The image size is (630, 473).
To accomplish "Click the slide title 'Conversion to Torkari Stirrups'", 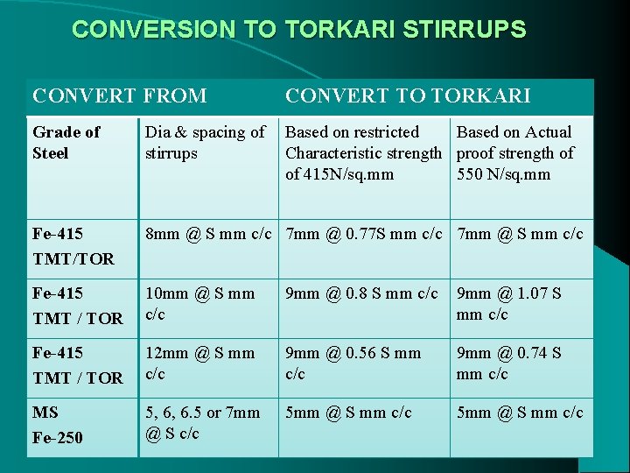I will tap(299, 30).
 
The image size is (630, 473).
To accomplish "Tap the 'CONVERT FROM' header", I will tap(119, 95).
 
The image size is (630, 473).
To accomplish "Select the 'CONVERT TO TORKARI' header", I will tap(408, 95).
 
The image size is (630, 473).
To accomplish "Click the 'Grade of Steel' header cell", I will tap(66, 143).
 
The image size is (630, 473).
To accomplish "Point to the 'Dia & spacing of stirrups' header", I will tap(205, 143).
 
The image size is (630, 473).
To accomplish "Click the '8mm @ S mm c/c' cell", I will tap(209, 234).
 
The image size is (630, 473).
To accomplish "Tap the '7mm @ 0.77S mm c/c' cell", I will tap(364, 234).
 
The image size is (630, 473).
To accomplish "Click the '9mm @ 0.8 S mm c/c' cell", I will tap(361, 293).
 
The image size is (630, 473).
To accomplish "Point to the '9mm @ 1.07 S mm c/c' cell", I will tap(508, 304).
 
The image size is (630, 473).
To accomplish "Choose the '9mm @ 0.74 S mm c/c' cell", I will tap(508, 364).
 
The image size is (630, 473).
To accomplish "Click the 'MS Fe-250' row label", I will tap(58, 424).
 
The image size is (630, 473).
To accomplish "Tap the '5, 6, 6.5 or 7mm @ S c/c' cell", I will tap(202, 423).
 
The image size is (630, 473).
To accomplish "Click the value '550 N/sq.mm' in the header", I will tap(503, 174).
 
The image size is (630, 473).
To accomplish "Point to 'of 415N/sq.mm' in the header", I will tap(339, 174).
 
